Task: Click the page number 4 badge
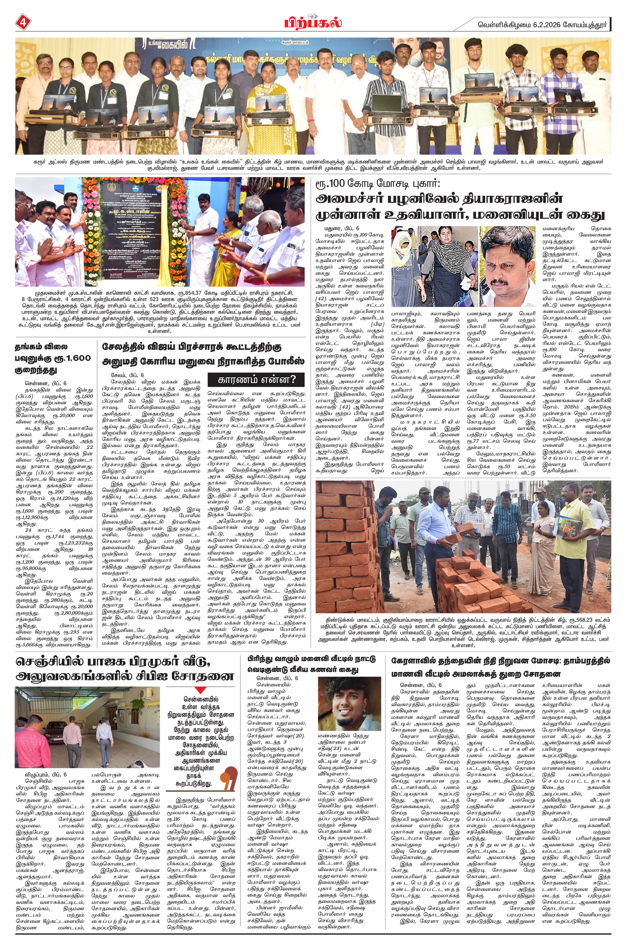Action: tap(22, 23)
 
